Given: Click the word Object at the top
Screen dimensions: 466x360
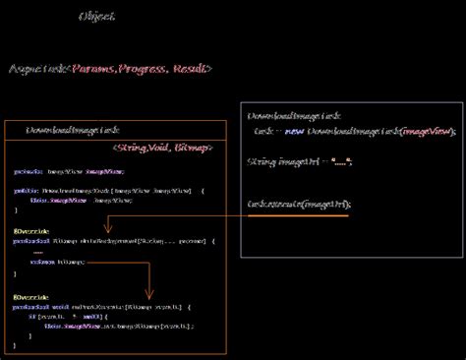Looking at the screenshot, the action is point(96,17).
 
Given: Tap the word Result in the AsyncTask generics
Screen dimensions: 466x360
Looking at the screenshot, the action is point(189,69).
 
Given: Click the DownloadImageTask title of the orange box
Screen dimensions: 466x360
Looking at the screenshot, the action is point(73,130).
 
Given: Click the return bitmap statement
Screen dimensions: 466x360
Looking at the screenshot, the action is point(58,262).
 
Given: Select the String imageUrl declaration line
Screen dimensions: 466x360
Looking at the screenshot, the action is point(299,162).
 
